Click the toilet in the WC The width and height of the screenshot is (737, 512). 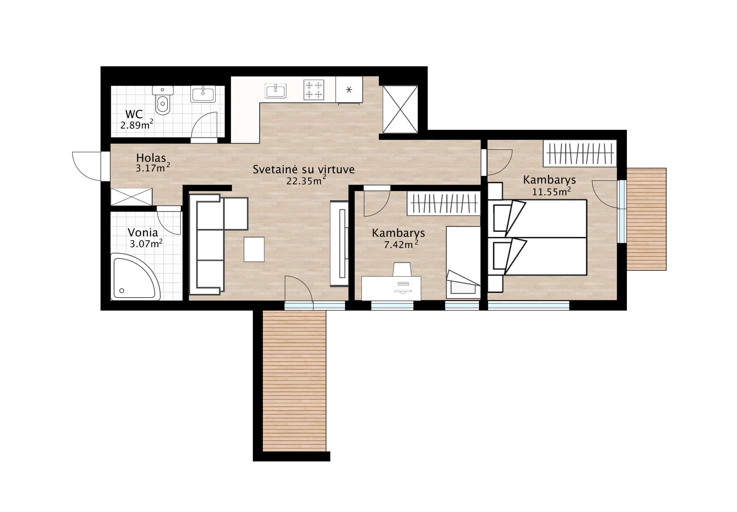(163, 100)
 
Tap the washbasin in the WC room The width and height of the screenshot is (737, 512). (203, 94)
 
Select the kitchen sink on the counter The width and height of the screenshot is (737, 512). (276, 91)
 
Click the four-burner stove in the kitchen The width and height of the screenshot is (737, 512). (314, 90)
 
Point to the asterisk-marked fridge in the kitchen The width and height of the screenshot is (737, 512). (349, 90)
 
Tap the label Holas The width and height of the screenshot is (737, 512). (151, 158)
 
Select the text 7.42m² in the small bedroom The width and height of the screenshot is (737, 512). (401, 244)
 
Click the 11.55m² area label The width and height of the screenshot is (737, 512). (551, 191)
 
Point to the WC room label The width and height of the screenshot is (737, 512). (134, 114)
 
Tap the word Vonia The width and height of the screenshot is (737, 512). (143, 233)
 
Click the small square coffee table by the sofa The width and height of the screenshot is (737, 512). (254, 249)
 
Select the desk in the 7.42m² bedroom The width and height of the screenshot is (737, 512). (391, 288)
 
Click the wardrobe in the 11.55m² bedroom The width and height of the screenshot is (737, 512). (580, 153)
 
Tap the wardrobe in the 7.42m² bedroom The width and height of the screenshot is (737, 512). (444, 203)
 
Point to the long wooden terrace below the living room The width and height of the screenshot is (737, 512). (294, 381)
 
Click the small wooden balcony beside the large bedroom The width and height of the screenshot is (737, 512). (646, 219)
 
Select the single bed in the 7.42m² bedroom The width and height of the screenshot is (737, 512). (463, 262)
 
